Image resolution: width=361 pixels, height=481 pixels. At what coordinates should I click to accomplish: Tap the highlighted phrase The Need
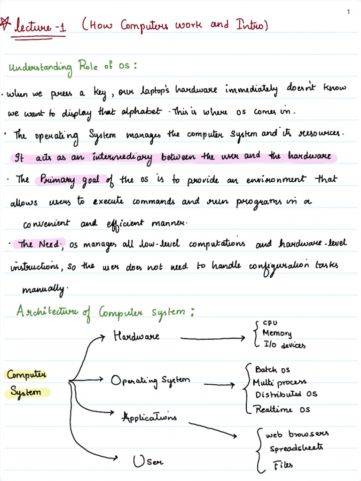39,244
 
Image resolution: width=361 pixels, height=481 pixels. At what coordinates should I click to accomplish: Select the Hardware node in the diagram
136,336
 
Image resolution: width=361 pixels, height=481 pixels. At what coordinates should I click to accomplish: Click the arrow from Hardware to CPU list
213,337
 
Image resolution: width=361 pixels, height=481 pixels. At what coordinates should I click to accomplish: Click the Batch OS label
273,370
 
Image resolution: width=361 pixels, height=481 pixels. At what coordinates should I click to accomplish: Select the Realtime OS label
283,410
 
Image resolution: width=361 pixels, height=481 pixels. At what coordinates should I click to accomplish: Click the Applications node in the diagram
149,417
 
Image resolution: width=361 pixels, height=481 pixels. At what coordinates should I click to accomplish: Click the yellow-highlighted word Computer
26,375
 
